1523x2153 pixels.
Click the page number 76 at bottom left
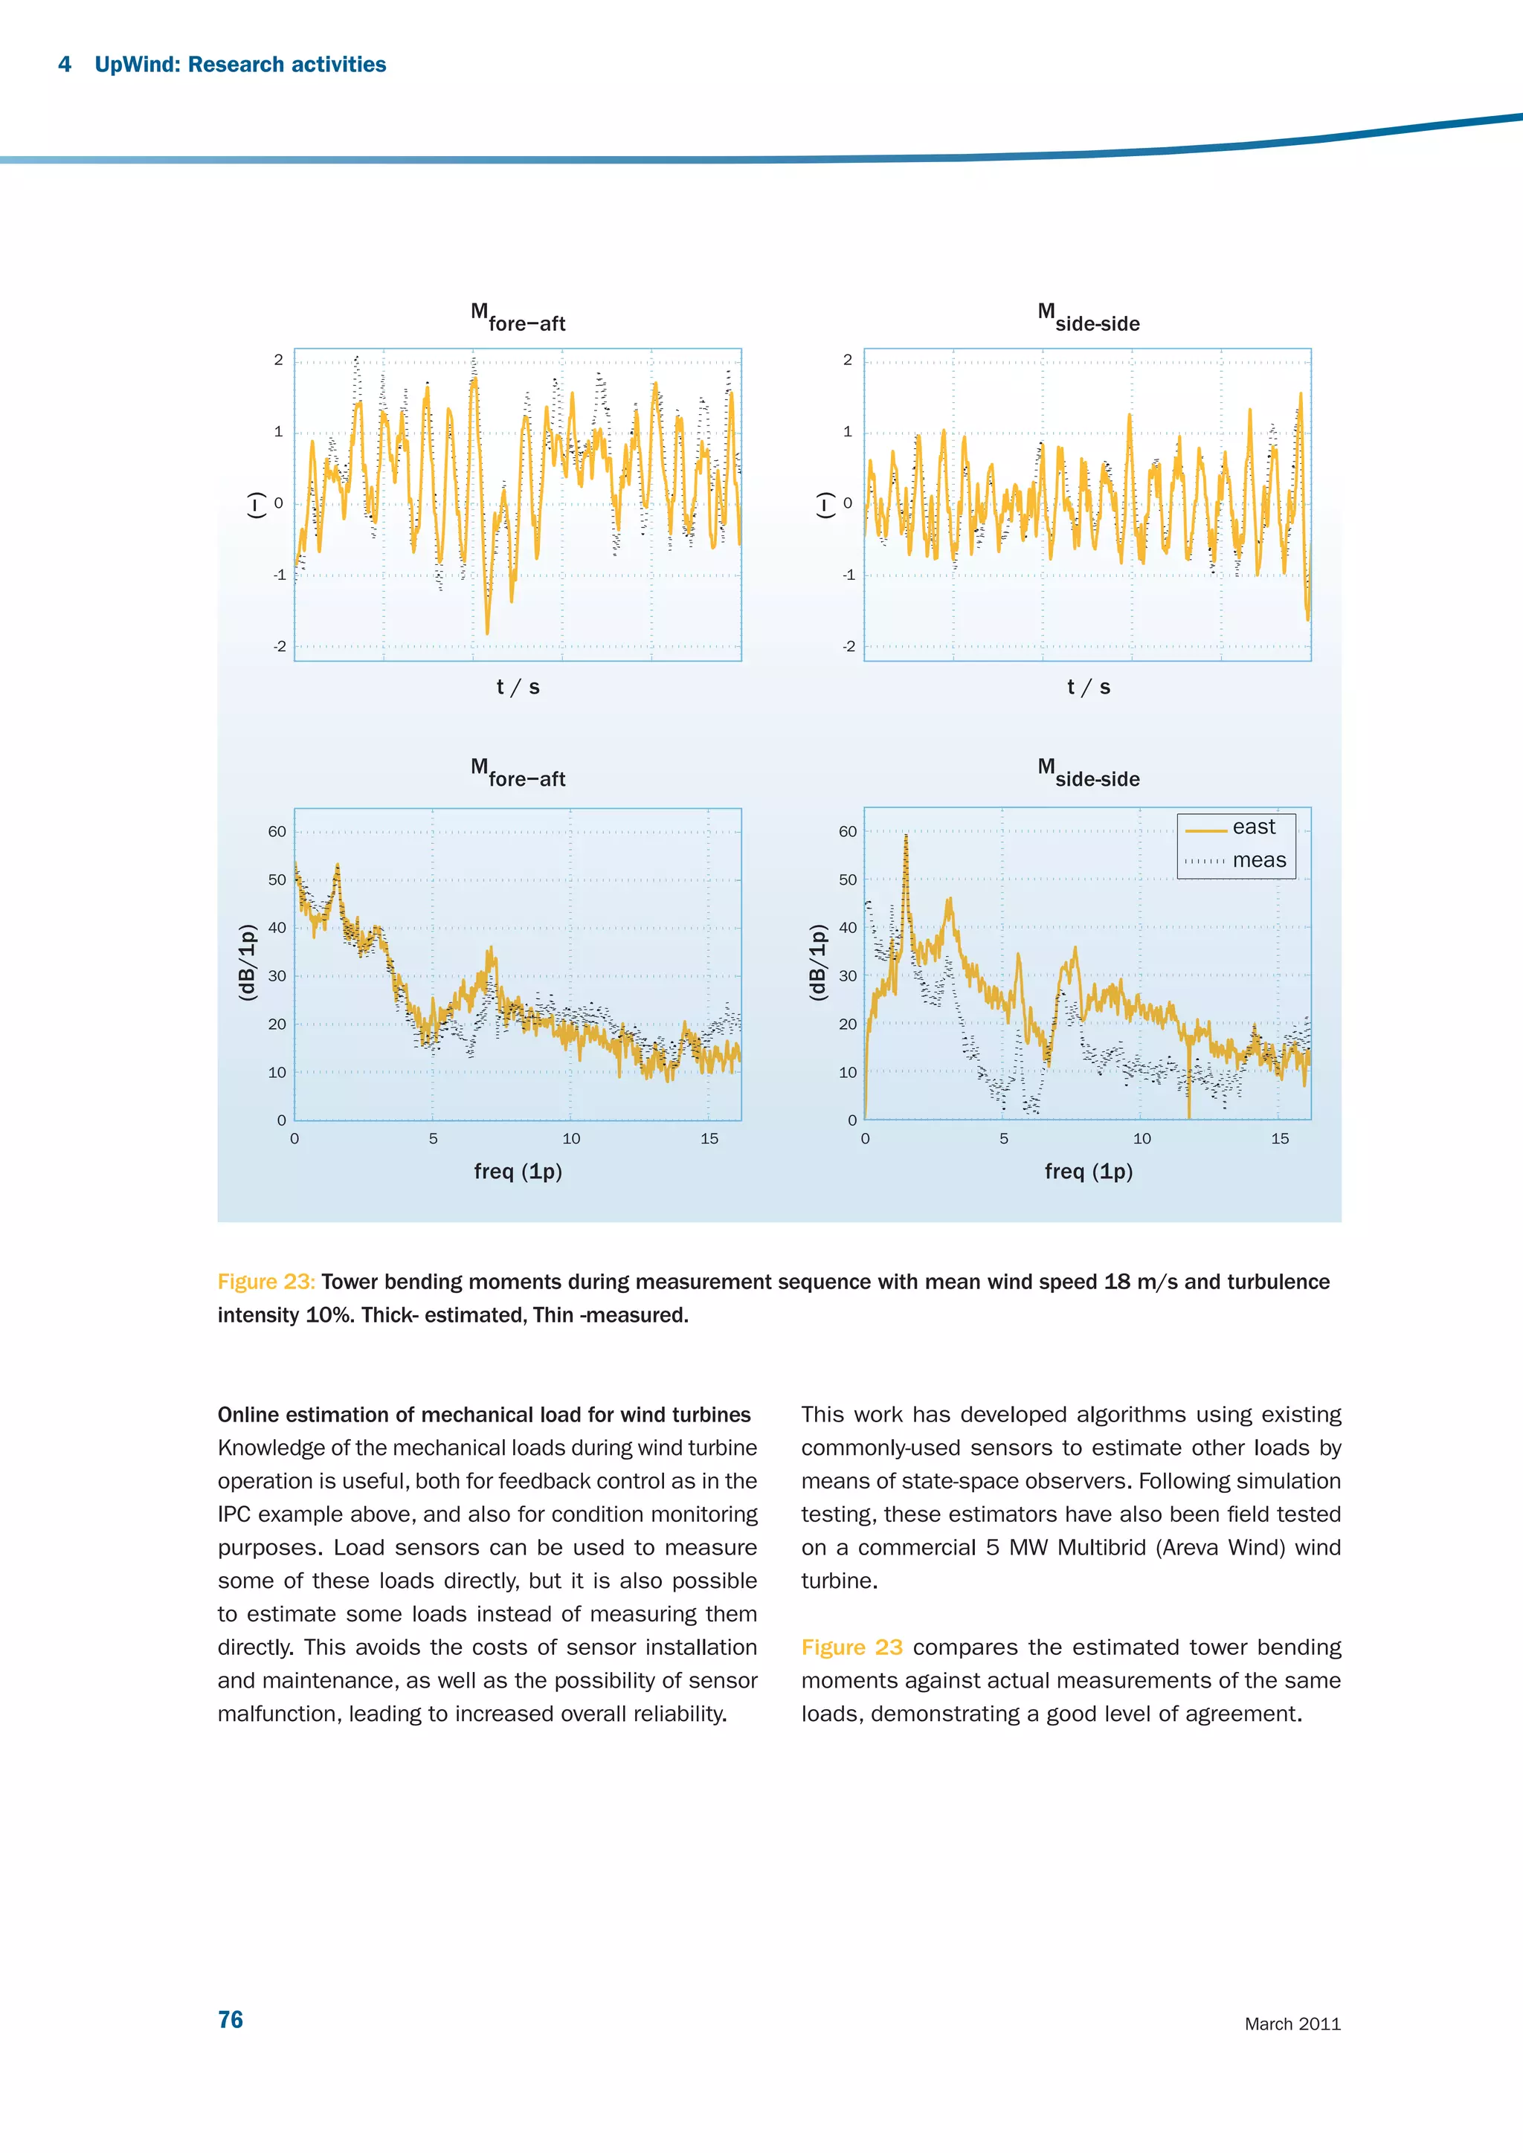[x=230, y=2019]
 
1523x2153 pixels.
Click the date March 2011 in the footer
[x=1292, y=2024]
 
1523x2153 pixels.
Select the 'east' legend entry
[x=1253, y=827]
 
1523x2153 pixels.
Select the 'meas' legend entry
[x=1258, y=860]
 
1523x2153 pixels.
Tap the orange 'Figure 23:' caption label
[x=266, y=1282]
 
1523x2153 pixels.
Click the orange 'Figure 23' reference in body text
[x=851, y=1647]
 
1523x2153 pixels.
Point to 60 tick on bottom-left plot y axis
[x=277, y=832]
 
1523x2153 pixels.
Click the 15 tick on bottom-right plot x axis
[x=1279, y=1138]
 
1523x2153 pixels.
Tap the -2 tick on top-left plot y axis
[x=280, y=647]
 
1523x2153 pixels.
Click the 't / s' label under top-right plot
[x=1088, y=688]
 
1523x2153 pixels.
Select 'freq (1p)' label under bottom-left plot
[x=518, y=1171]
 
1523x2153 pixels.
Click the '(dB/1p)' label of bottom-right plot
[x=818, y=962]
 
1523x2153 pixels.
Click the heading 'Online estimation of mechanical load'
[x=484, y=1414]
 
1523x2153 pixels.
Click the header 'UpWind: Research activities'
[x=240, y=65]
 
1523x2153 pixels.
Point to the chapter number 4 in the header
[x=65, y=65]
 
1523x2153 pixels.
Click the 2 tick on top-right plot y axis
[x=848, y=360]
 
